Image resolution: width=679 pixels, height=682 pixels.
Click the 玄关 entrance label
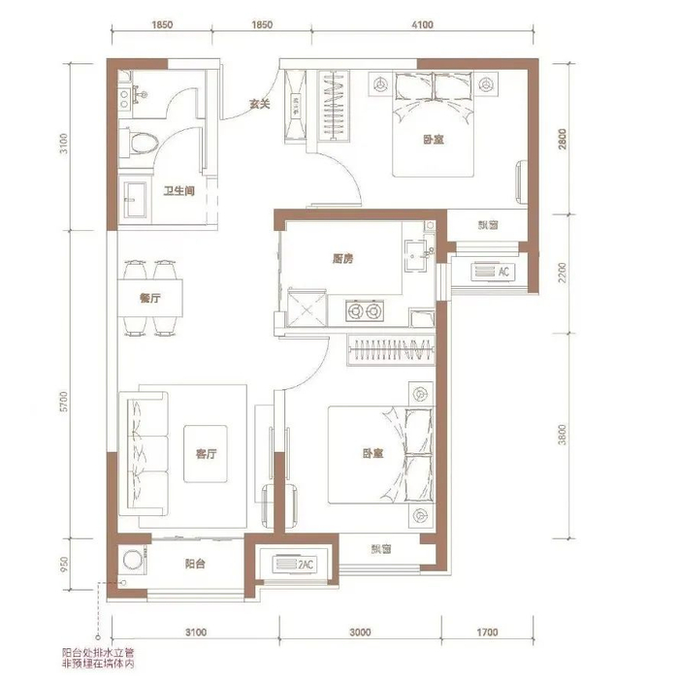point(260,104)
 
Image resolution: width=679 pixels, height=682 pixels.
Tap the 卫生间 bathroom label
point(178,190)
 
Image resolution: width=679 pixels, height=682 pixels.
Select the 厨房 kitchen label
point(342,259)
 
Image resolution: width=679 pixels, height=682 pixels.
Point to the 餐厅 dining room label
point(150,298)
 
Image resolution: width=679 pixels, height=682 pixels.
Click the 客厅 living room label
point(206,454)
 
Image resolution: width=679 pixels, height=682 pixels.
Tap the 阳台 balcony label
point(194,564)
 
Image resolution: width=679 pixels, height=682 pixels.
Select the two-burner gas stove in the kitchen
point(365,310)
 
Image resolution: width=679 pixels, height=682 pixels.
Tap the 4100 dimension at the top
point(422,25)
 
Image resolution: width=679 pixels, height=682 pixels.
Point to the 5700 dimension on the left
point(64,402)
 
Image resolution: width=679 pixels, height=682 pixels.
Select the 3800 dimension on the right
point(563,435)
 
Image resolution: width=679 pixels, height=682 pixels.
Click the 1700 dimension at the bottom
point(487,632)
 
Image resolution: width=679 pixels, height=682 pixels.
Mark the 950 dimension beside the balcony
point(64,564)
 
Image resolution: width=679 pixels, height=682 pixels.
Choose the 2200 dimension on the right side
point(563,273)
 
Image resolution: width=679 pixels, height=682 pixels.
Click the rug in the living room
point(206,454)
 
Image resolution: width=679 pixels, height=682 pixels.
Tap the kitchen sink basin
point(417,256)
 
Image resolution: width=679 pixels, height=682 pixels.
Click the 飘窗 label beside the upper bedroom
point(488,225)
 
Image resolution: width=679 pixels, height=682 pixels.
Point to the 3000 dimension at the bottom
point(360,632)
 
